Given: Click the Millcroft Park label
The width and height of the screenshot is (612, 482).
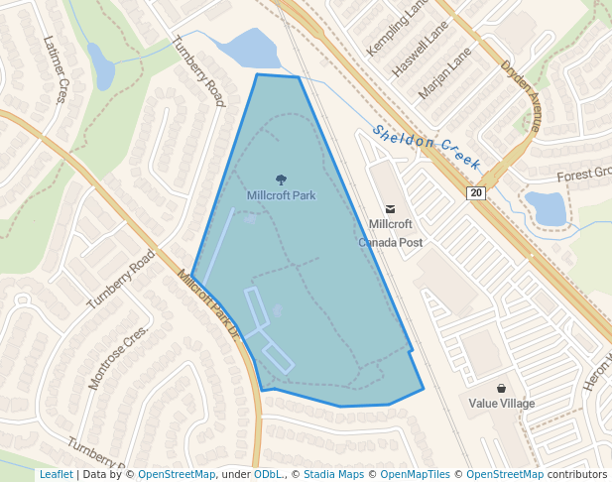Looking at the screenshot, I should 281,195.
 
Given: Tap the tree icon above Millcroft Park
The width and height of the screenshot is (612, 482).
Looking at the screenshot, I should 281,180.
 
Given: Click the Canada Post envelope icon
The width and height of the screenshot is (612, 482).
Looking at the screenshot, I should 391,209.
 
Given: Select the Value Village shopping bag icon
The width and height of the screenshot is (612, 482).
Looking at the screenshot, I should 502,388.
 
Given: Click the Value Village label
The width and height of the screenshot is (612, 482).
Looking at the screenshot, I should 502,404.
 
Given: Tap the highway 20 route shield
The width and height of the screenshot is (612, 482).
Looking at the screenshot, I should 477,193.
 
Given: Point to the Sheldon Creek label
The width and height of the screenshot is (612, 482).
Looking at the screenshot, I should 428,149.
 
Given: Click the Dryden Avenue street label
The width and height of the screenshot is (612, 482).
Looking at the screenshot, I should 522,95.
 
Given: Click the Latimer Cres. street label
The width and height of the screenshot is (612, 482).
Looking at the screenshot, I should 55,69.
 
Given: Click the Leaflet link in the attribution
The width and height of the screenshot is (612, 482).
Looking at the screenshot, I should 56,474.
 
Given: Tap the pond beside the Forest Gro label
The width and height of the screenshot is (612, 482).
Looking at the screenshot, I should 546,207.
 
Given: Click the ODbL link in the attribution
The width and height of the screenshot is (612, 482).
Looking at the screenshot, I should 268,474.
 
